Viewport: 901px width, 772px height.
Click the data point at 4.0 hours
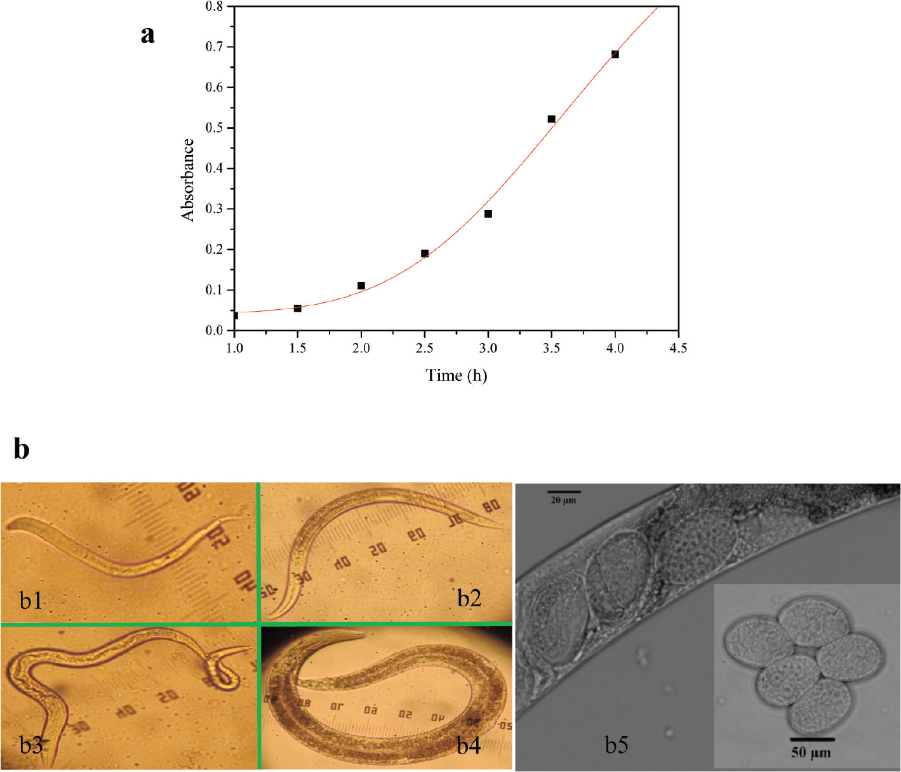(x=615, y=55)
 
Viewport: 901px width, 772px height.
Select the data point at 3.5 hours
(x=551, y=119)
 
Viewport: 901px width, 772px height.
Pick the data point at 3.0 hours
(x=488, y=214)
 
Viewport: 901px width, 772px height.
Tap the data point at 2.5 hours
(x=425, y=253)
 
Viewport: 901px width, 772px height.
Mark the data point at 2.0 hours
(x=361, y=286)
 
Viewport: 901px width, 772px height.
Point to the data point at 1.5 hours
(x=298, y=309)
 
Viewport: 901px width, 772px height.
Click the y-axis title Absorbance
(x=187, y=180)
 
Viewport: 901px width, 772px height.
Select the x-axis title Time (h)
(x=457, y=376)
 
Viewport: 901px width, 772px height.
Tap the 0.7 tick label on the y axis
(x=215, y=47)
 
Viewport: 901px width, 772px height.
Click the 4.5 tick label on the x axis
(x=677, y=348)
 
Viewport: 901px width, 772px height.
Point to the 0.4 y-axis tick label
(x=215, y=169)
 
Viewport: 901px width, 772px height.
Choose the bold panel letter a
(x=147, y=34)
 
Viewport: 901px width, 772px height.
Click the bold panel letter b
(x=22, y=449)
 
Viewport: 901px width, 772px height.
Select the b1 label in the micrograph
(x=30, y=599)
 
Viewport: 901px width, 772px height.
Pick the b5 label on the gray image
(x=616, y=745)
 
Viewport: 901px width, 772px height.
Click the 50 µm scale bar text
(x=811, y=753)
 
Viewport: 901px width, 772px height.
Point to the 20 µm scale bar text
(x=564, y=501)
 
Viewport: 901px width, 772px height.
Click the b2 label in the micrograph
(x=469, y=598)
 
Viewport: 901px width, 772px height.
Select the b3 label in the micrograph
(x=30, y=745)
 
